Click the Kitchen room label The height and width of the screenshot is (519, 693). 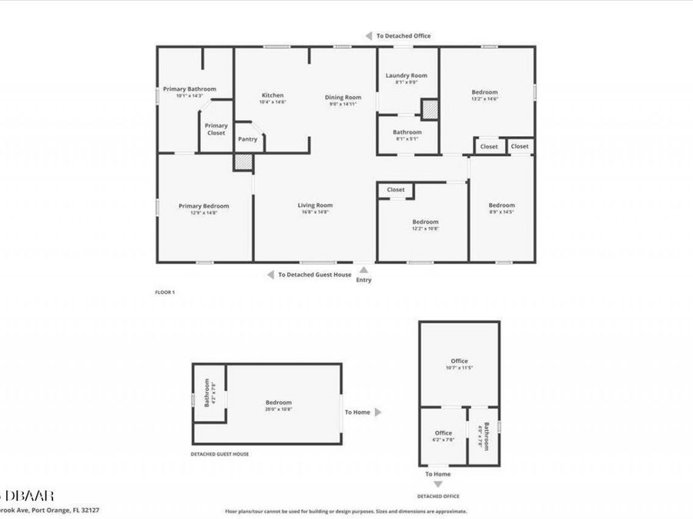[272, 95]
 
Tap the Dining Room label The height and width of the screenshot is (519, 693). [343, 98]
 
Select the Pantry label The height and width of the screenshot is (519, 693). [248, 139]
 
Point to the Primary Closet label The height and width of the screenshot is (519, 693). [216, 129]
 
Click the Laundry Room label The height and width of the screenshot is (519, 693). [406, 75]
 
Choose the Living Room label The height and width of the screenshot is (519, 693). [316, 205]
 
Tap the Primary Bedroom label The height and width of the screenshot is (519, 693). [204, 206]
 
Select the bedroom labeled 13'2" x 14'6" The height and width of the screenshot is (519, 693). [484, 92]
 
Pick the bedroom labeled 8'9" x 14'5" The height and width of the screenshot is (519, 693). [502, 205]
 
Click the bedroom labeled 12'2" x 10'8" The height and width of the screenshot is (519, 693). [425, 221]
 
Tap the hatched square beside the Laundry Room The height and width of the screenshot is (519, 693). [429, 109]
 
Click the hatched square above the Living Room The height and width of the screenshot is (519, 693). [243, 162]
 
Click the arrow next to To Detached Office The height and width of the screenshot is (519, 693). [369, 35]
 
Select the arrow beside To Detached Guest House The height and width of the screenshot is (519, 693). [270, 274]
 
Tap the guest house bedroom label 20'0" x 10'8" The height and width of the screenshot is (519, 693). [279, 403]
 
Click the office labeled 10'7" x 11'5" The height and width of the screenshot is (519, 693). [459, 361]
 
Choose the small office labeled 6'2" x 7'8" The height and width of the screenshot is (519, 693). [444, 433]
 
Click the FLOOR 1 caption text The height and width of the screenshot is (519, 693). [166, 293]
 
